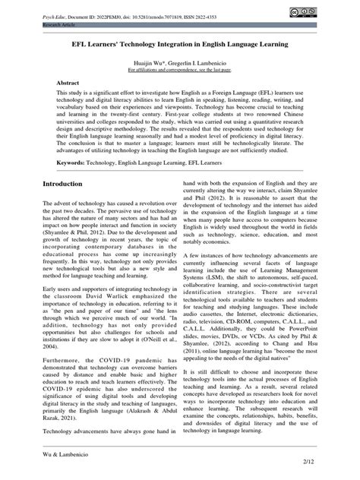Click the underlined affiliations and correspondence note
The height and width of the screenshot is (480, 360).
click(x=180, y=69)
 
